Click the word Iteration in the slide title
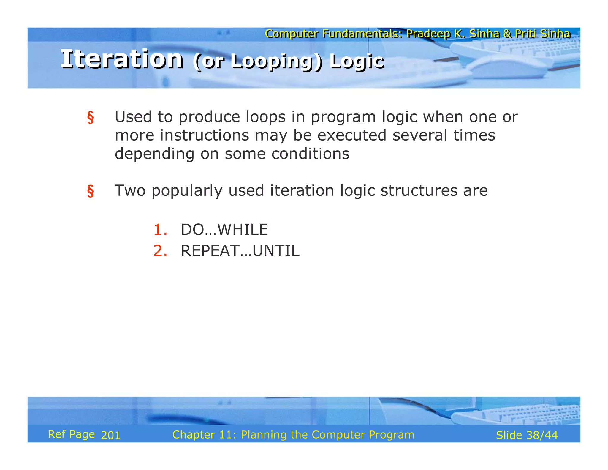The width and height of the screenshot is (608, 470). [122, 59]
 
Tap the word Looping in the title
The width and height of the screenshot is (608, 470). [271, 61]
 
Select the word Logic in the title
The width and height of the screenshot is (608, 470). [357, 61]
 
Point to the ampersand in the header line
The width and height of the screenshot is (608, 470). [507, 34]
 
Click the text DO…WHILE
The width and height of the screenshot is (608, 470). [224, 230]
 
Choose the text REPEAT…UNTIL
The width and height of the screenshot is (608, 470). [240, 251]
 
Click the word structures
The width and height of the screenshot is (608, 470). [419, 191]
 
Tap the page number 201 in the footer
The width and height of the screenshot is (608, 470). [110, 435]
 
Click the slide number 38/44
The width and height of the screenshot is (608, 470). [542, 435]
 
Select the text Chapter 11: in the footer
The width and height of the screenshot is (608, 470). [204, 435]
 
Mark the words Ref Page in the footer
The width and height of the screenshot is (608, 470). [71, 434]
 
